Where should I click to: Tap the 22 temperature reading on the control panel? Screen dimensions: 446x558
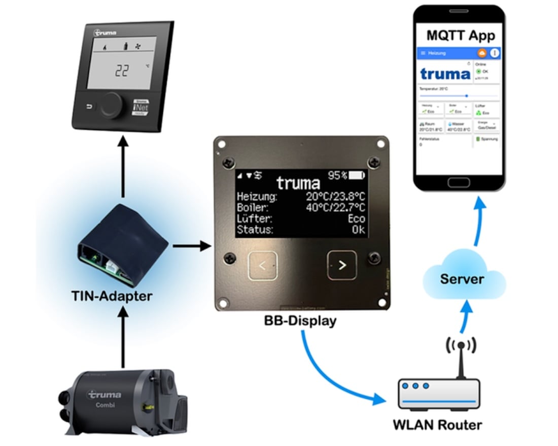(121, 71)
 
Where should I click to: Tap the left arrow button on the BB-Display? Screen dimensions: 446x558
(262, 265)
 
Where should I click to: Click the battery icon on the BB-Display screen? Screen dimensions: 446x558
(357, 176)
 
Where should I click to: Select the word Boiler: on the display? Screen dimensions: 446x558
(254, 208)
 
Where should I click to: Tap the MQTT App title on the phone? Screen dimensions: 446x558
(461, 35)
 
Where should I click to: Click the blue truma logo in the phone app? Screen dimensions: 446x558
(445, 74)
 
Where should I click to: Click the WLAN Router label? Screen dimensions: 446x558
(438, 425)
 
